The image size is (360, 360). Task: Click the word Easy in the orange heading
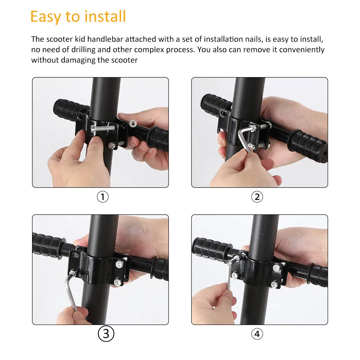(x=46, y=17)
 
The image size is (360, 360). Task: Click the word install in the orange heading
(x=105, y=16)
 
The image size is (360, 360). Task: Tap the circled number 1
(x=103, y=197)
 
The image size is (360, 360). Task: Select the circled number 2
(x=257, y=197)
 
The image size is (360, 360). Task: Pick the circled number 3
(x=106, y=334)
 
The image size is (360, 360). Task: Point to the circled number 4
(x=257, y=334)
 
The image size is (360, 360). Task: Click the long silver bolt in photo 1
(x=103, y=128)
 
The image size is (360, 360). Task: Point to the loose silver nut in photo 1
(x=132, y=123)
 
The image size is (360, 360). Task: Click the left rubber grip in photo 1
(x=68, y=110)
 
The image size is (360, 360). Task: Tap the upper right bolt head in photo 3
(x=120, y=265)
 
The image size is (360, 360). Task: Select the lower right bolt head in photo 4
(x=274, y=284)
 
